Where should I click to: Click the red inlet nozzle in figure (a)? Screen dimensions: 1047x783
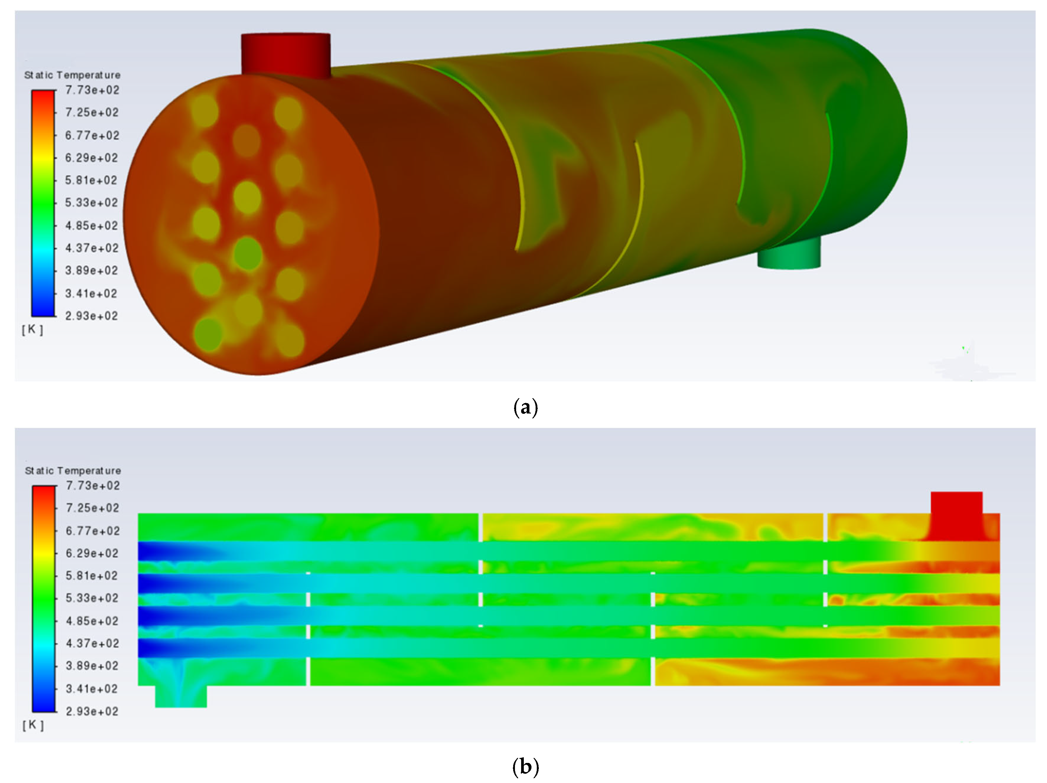(286, 55)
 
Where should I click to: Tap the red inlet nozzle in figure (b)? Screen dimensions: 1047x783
(956, 516)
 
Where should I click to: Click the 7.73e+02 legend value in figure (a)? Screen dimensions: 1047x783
(92, 90)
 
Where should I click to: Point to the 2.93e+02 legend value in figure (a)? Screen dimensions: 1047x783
(91, 316)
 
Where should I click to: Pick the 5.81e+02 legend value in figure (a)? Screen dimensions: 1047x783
(91, 180)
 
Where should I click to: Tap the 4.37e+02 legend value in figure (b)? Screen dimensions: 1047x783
(92, 643)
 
